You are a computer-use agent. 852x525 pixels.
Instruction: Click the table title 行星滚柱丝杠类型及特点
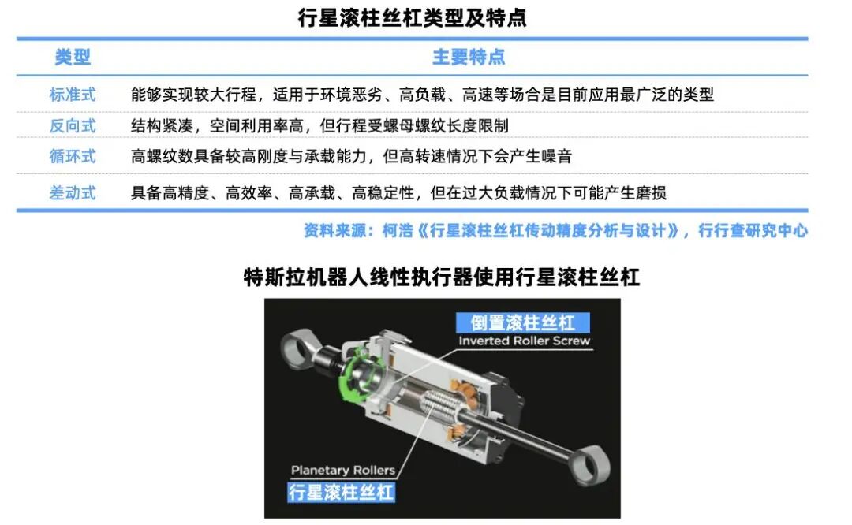(412, 18)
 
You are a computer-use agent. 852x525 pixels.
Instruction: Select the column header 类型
(73, 57)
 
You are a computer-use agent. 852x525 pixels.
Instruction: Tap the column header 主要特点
(469, 57)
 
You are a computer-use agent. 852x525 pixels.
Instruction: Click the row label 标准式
(73, 95)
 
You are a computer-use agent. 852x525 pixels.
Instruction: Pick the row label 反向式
(73, 125)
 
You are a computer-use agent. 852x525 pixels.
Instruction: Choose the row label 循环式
(73, 156)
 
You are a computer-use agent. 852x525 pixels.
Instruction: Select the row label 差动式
(73, 192)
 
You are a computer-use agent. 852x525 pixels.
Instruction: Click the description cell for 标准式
(422, 95)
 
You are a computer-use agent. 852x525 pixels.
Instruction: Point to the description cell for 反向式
(319, 125)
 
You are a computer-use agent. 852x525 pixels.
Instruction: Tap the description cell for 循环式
(351, 156)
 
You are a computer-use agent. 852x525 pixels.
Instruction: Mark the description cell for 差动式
(398, 192)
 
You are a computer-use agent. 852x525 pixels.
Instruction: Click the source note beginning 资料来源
(555, 231)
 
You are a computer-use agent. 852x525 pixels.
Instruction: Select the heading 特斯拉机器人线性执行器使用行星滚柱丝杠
(441, 277)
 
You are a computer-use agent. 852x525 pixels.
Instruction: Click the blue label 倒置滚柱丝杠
(522, 322)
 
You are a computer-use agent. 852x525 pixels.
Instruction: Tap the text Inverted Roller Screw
(525, 341)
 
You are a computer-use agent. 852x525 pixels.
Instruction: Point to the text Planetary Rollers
(343, 470)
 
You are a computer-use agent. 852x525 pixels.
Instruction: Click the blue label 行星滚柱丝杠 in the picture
(341, 493)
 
